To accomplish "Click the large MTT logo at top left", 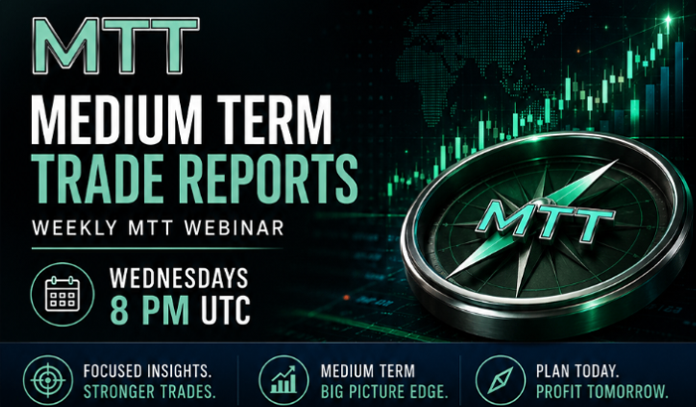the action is pyautogui.click(x=116, y=46).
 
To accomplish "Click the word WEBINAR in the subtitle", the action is pyautogui.click(x=234, y=228).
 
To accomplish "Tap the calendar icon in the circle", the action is pyautogui.click(x=62, y=294).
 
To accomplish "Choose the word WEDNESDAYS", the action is pyautogui.click(x=179, y=278).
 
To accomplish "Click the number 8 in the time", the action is pyautogui.click(x=119, y=310).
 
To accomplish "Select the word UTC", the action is pyautogui.click(x=226, y=310).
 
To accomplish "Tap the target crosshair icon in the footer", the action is pyautogui.click(x=48, y=380).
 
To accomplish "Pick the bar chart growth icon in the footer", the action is pyautogui.click(x=283, y=380).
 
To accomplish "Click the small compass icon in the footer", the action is pyautogui.click(x=500, y=380).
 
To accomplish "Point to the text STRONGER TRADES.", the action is pyautogui.click(x=149, y=392).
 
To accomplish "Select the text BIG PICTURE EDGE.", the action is pyautogui.click(x=385, y=392).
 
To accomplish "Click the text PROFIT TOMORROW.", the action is pyautogui.click(x=603, y=392).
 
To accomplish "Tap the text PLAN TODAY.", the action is pyautogui.click(x=578, y=370).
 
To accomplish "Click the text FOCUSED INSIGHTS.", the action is pyautogui.click(x=147, y=370).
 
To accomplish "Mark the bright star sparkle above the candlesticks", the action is pyautogui.click(x=668, y=19).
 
